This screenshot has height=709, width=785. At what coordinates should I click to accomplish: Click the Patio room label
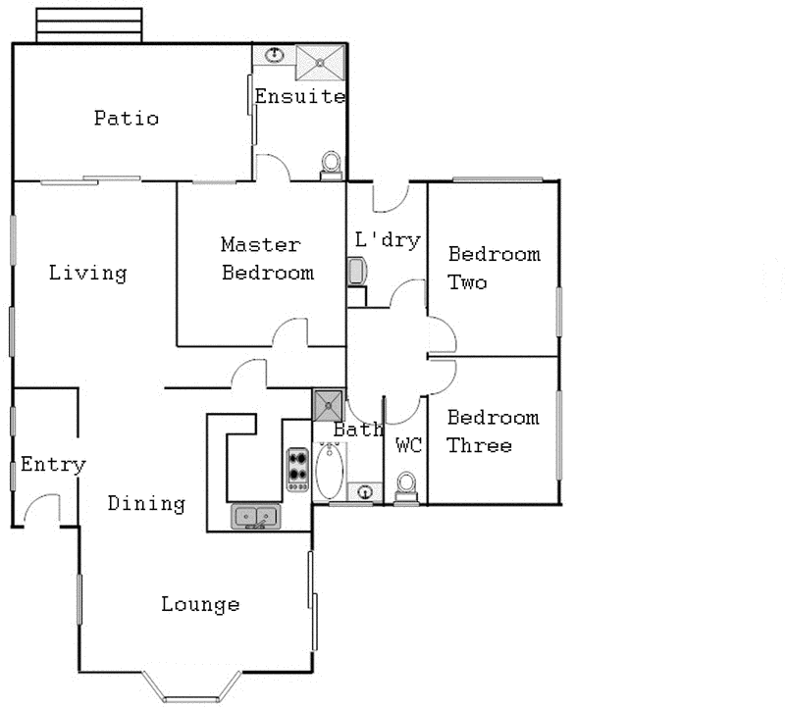click(127, 119)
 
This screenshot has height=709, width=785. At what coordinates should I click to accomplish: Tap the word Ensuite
click(299, 96)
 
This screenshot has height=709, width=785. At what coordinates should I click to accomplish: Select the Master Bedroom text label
click(267, 259)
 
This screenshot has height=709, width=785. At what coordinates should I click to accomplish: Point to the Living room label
click(88, 273)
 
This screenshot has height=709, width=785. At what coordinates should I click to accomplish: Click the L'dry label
click(387, 239)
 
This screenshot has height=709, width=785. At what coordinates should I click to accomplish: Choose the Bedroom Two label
click(494, 268)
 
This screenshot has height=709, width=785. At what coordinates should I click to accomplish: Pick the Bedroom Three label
click(494, 431)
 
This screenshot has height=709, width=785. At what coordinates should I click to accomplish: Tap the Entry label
click(53, 465)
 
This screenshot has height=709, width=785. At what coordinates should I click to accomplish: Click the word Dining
click(146, 504)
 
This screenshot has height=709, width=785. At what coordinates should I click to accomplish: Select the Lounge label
click(200, 604)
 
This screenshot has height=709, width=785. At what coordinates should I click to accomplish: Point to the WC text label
click(408, 445)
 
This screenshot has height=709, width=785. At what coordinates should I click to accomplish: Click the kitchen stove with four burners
click(297, 469)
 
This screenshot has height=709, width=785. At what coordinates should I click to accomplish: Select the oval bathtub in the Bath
click(330, 469)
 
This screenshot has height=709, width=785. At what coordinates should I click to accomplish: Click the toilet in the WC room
click(406, 485)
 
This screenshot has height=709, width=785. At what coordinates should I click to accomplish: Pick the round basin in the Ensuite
click(275, 56)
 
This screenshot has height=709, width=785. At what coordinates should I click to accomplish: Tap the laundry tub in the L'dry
click(355, 271)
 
